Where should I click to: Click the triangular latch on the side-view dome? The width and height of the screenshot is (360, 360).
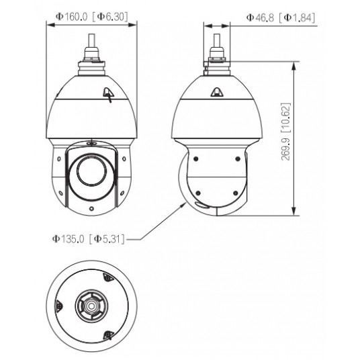click(218, 94)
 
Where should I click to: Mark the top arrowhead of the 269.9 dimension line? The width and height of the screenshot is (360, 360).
click(295, 66)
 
